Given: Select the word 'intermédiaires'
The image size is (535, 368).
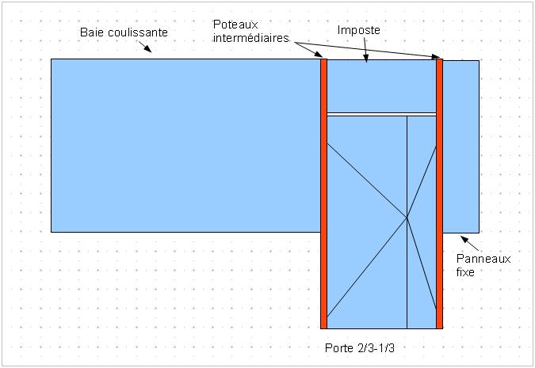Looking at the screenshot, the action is [x=250, y=37].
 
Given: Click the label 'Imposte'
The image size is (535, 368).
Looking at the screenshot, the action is [x=359, y=30].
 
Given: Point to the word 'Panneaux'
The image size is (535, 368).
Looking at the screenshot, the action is [x=484, y=258].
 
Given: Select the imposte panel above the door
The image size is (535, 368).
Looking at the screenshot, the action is [x=382, y=85].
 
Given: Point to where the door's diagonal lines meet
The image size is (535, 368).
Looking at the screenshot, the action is [x=407, y=218].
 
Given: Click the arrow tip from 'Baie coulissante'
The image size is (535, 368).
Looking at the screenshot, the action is [x=151, y=53].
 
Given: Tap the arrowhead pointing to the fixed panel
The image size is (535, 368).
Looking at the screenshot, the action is [x=463, y=237].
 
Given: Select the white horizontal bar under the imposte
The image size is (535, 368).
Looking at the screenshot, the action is [x=382, y=115].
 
